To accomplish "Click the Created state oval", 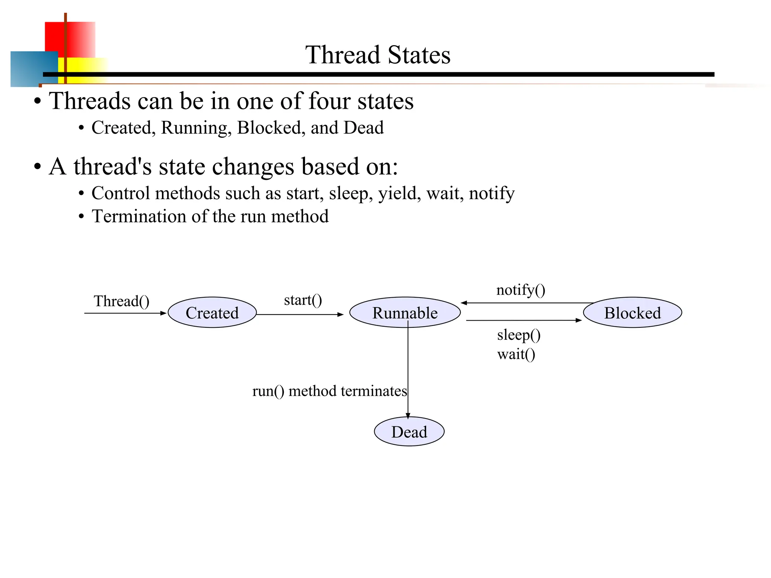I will (x=212, y=313).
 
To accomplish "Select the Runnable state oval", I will (x=405, y=313).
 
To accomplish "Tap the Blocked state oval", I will (x=632, y=313).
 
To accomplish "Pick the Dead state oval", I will (x=409, y=432).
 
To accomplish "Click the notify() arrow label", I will (x=521, y=290).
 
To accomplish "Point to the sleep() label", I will (x=519, y=335).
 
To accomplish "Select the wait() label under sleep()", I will (x=516, y=354).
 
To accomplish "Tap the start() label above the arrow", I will (x=303, y=300).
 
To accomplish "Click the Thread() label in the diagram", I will (x=122, y=301).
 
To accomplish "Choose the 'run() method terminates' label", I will (x=329, y=391).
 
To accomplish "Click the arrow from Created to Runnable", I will (x=300, y=315).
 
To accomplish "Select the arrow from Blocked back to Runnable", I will (x=527, y=303).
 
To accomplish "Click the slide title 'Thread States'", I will (x=378, y=55).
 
